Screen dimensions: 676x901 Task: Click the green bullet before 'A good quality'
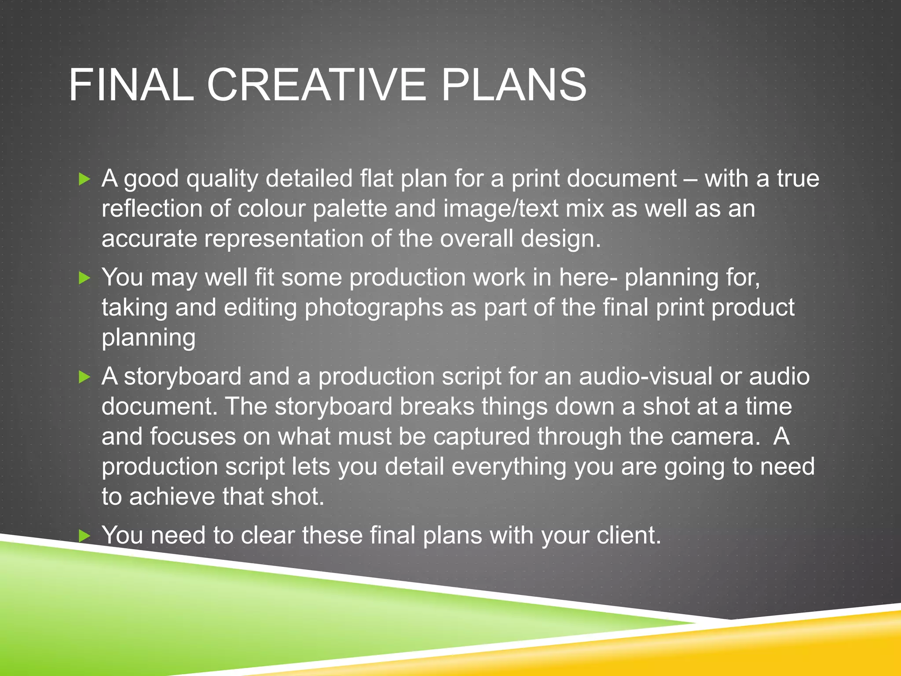[x=84, y=179]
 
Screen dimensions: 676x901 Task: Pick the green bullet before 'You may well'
[x=84, y=278]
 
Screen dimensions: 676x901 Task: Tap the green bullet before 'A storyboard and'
[x=84, y=377]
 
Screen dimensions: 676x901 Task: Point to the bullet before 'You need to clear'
[x=84, y=536]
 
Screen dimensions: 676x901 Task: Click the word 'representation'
[x=283, y=239]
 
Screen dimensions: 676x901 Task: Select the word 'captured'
[x=481, y=437]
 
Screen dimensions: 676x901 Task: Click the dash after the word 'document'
[x=691, y=180]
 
